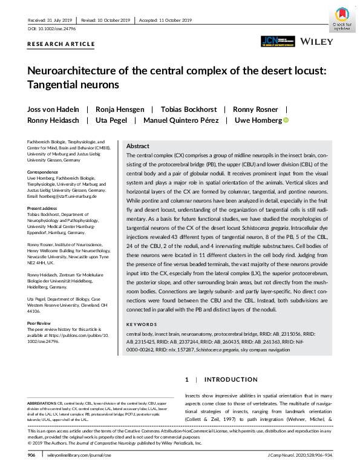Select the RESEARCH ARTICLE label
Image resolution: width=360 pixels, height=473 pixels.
[x=61, y=44]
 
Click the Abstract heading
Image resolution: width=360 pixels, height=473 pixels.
[x=138, y=146]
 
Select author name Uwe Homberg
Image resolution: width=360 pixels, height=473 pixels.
[x=257, y=120]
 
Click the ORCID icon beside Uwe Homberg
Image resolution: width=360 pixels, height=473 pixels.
[x=286, y=120]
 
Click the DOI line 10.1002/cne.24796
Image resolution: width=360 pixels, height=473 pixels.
[x=50, y=29]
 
